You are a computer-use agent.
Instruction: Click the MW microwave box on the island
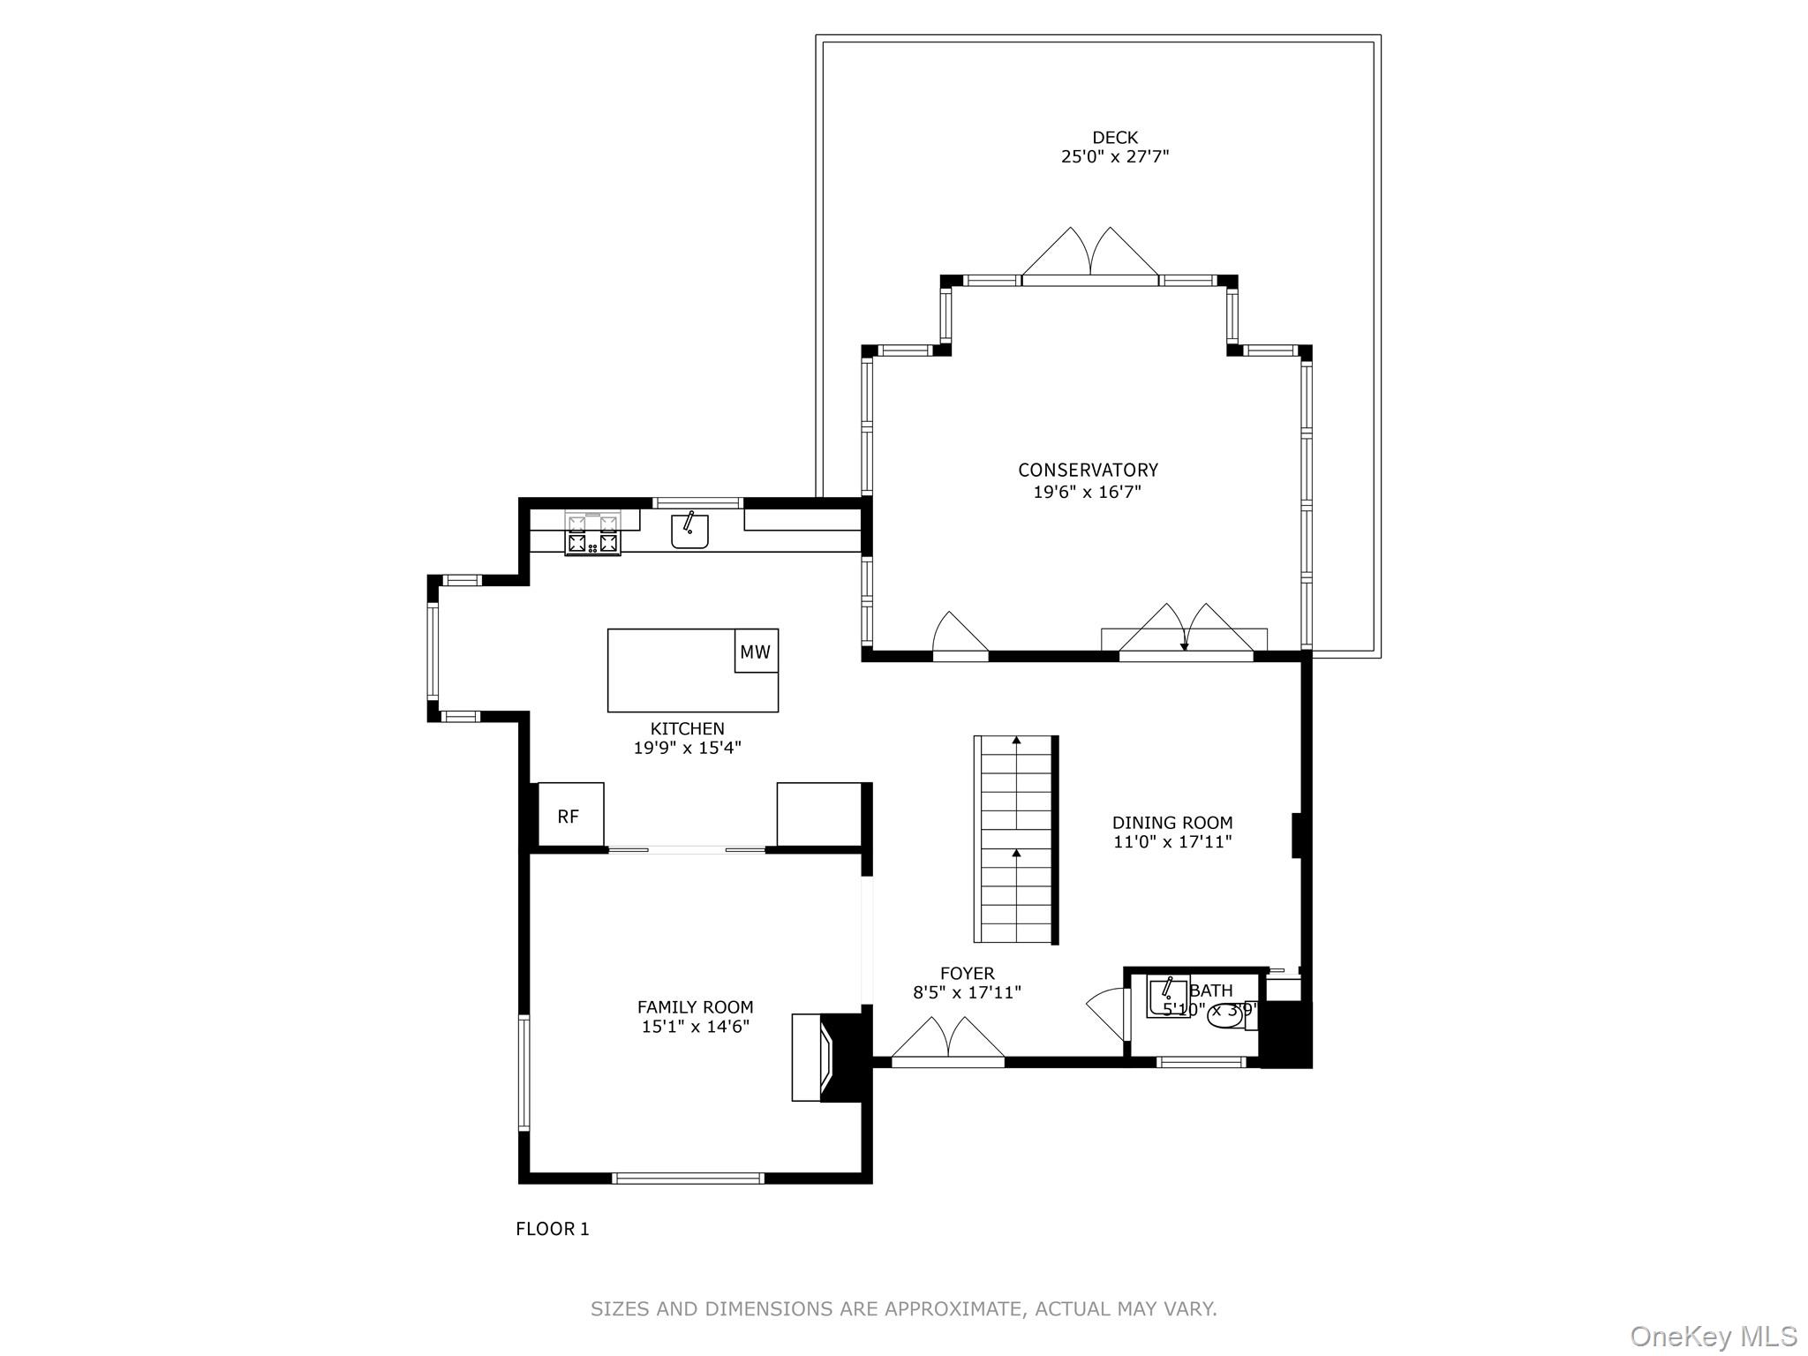coord(756,652)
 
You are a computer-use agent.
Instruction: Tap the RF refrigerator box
coord(569,817)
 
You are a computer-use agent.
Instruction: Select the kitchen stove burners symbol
coord(592,535)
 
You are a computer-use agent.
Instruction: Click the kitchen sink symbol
coord(689,531)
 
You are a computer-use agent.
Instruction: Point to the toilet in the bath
coord(1226,1016)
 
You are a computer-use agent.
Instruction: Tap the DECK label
coord(1115,138)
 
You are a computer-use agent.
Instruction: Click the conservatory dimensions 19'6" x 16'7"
coord(1088,492)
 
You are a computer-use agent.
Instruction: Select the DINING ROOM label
coord(1171,823)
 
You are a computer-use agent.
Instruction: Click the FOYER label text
coord(967,973)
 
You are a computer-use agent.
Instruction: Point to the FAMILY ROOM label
coord(695,1006)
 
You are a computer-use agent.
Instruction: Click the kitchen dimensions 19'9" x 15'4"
coord(687,748)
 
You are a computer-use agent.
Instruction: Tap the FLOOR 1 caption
coord(552,1228)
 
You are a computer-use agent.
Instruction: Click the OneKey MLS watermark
coord(1713,1337)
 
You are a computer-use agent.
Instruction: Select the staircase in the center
coord(1015,839)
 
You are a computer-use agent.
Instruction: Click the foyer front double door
coord(948,1042)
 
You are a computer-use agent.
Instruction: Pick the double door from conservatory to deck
coord(1089,256)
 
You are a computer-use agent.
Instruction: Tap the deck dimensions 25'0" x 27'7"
coord(1115,157)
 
